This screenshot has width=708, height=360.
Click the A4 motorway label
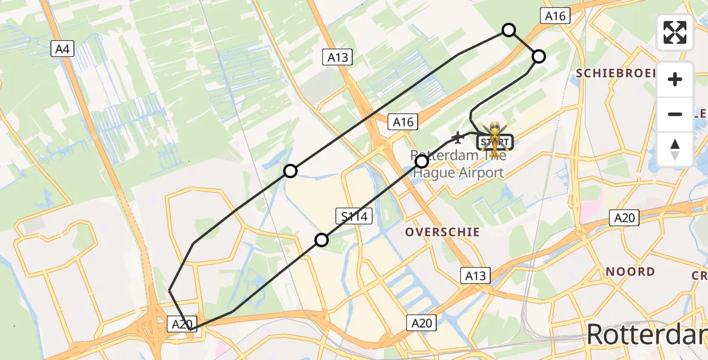[62, 49]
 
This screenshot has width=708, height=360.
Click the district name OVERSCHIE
[442, 232]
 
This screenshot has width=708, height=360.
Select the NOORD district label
[630, 272]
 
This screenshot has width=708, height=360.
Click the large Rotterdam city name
[647, 333]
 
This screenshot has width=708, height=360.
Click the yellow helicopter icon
[494, 136]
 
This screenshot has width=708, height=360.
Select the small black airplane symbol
[459, 138]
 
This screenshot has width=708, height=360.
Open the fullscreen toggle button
[675, 32]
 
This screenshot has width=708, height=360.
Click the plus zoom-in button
[675, 79]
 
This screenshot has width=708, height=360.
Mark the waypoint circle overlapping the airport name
[422, 161]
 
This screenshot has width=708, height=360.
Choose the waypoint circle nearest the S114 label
[322, 241]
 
